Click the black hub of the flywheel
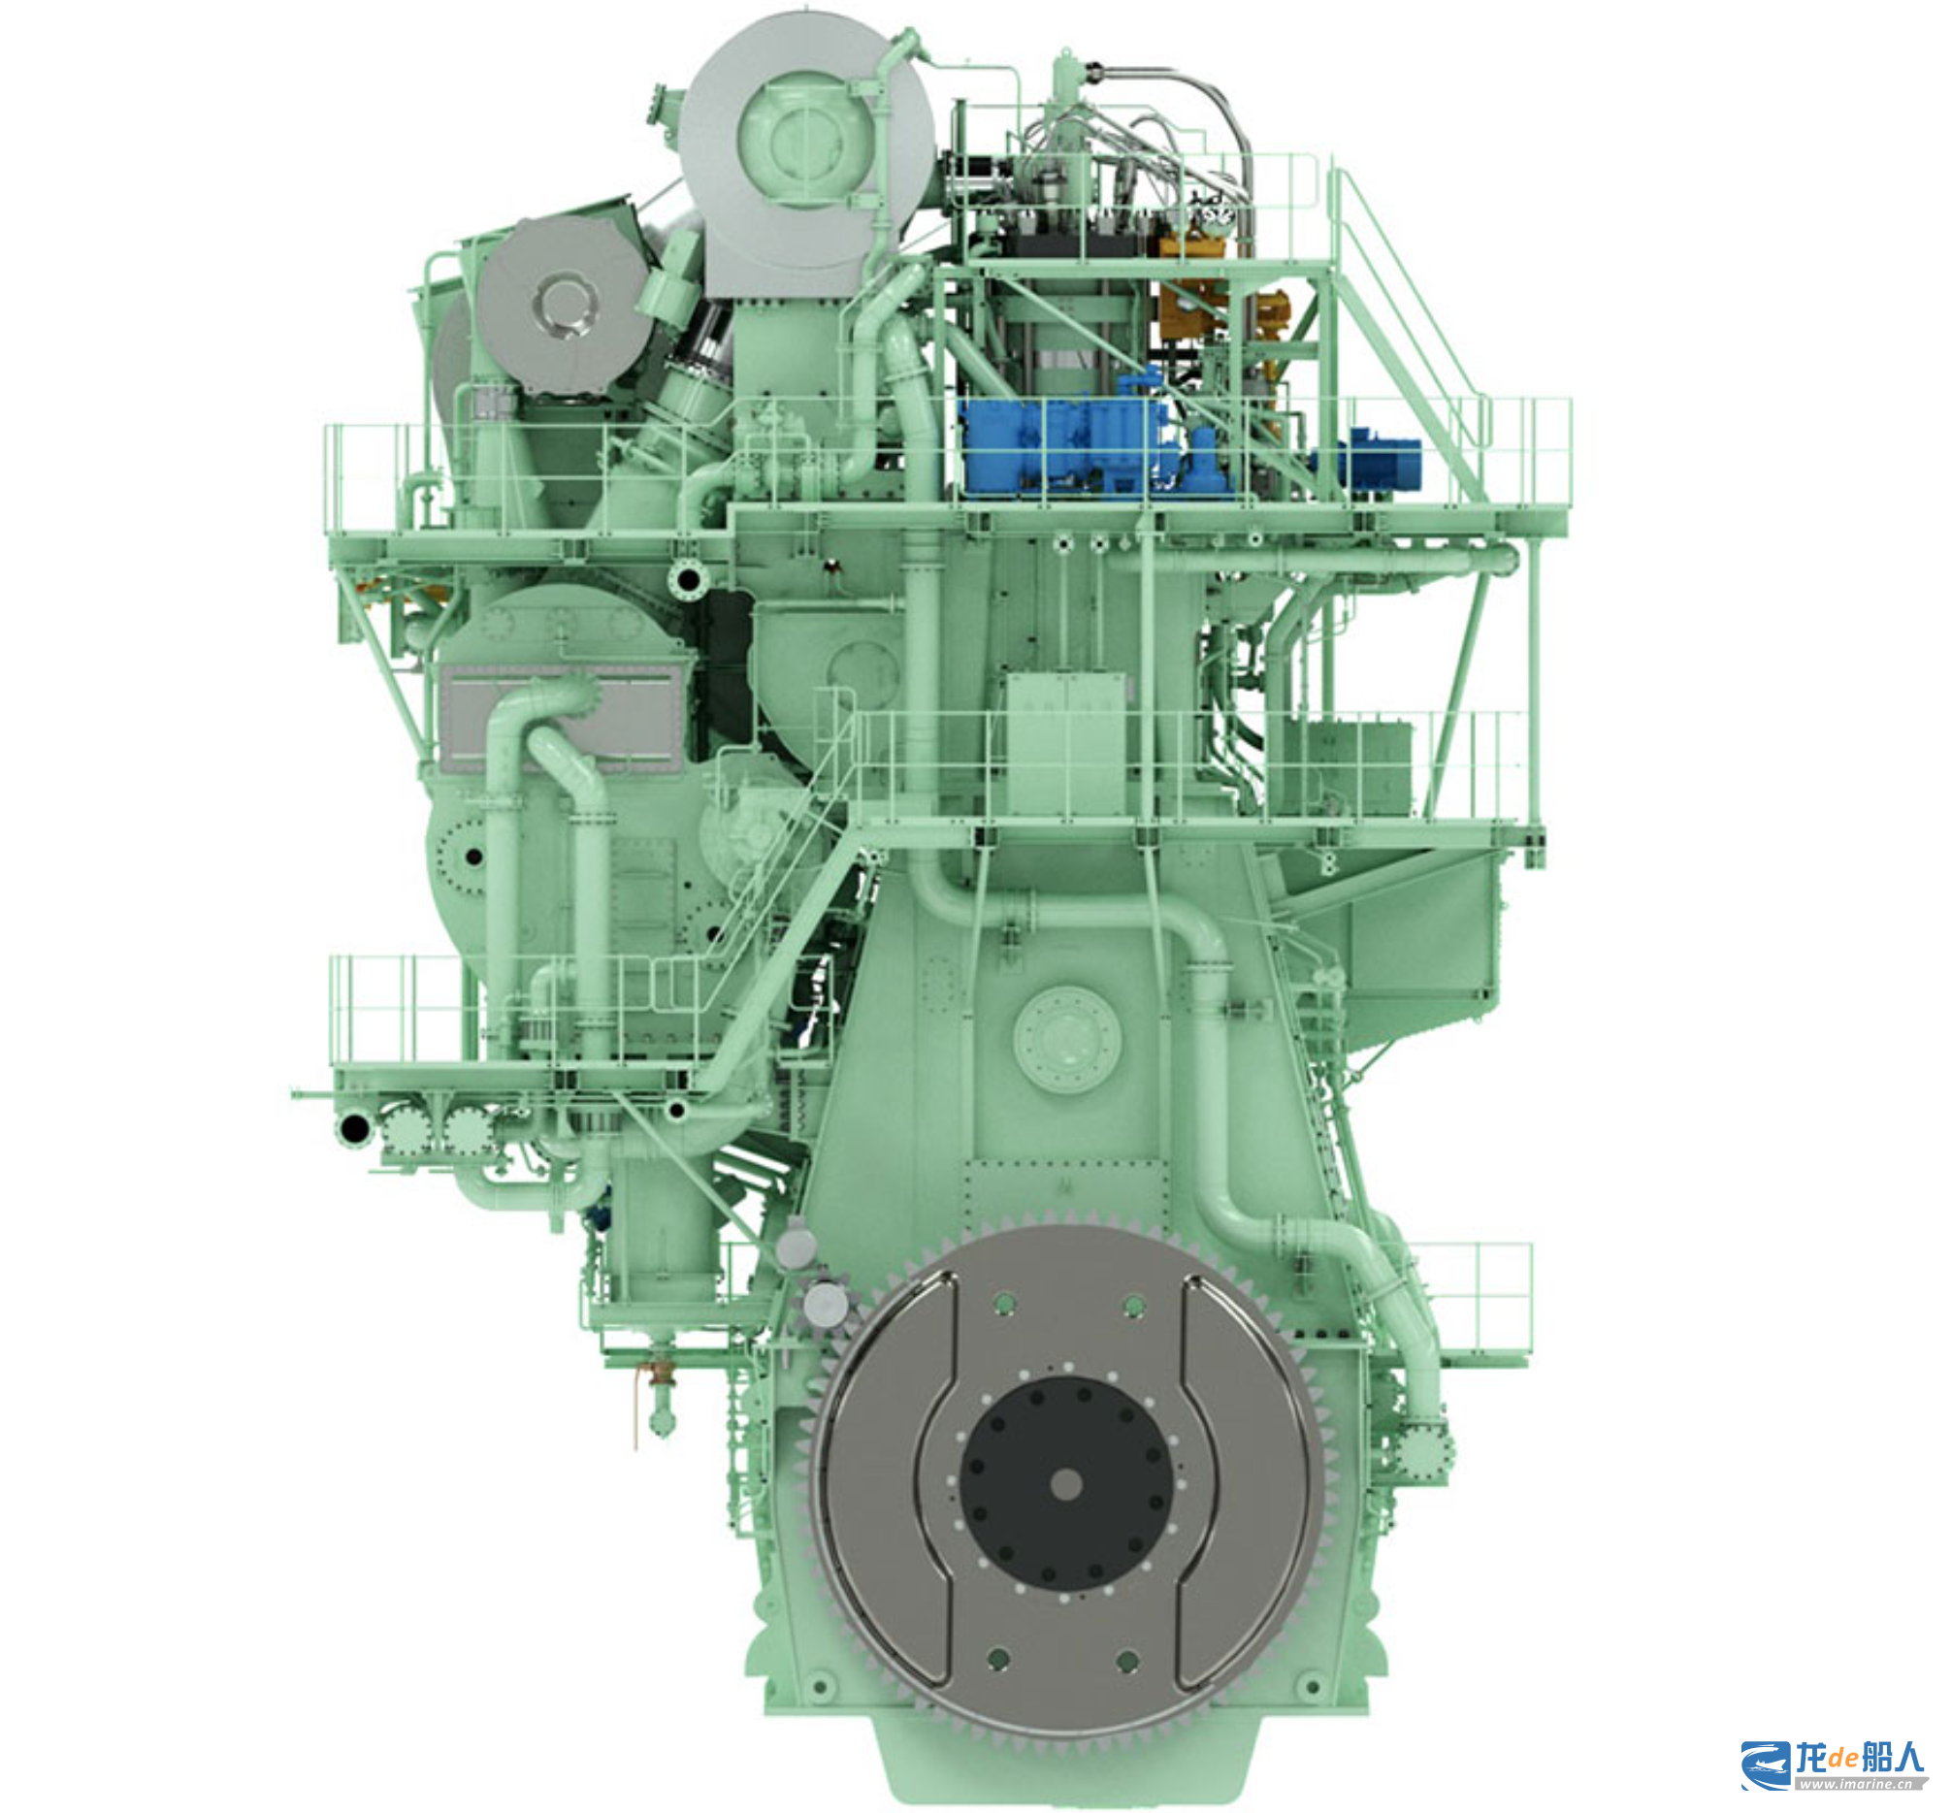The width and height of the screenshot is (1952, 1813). click(x=1066, y=1483)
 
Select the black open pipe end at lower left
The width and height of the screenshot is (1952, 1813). click(x=352, y=1128)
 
